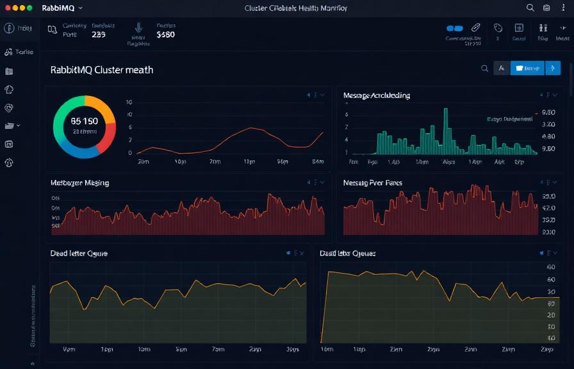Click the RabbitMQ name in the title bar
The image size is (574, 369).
[x=58, y=8]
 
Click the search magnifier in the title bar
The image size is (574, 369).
[x=530, y=8]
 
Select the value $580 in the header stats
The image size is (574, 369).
[x=165, y=35]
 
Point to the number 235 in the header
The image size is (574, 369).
[x=99, y=35]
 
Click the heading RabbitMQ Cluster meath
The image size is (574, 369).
[x=102, y=70]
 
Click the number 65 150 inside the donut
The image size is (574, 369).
[x=85, y=121]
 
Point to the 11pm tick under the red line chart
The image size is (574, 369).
[x=250, y=163]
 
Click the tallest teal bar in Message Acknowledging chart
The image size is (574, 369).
[x=445, y=128]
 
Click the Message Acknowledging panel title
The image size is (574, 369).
[x=377, y=95]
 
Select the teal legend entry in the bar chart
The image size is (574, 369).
[x=510, y=119]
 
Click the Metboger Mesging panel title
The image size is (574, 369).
[x=79, y=183]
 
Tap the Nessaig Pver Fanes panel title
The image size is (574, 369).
[x=373, y=183]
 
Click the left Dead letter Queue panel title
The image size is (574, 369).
[x=79, y=254]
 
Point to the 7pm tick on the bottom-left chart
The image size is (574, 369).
[x=218, y=350]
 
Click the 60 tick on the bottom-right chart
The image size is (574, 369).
[x=551, y=280]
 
